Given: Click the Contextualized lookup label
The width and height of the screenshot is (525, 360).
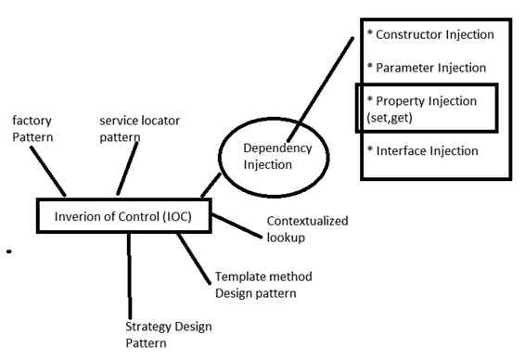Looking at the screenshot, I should click(x=296, y=229).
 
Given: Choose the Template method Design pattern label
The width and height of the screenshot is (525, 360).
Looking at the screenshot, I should click(x=263, y=286).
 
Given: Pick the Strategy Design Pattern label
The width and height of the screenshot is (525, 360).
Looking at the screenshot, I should click(x=168, y=334).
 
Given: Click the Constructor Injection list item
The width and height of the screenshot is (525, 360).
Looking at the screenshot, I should click(x=430, y=35).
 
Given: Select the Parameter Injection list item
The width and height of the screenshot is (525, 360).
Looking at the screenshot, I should click(x=426, y=68).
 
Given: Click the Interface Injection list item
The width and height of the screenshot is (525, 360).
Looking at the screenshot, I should click(x=422, y=150).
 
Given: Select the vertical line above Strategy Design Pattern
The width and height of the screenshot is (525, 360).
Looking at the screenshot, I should click(x=129, y=274).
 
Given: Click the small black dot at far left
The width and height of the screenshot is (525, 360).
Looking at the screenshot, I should click(x=8, y=251).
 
